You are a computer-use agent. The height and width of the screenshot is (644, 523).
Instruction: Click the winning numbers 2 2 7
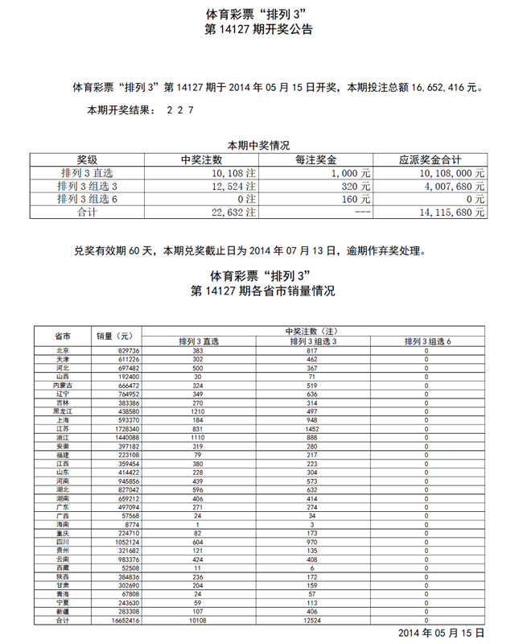tap(179, 110)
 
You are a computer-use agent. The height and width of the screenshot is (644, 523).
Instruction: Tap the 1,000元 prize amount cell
tap(352, 172)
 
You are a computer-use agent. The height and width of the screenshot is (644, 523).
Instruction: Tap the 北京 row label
tap(62, 351)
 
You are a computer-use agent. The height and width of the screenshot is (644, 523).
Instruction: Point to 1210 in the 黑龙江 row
tap(197, 411)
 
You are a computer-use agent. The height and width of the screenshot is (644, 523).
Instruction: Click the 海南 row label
tap(62, 525)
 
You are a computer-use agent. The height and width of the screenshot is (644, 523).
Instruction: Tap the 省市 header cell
tap(62, 336)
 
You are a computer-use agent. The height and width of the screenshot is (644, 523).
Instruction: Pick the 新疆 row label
tap(62, 612)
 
